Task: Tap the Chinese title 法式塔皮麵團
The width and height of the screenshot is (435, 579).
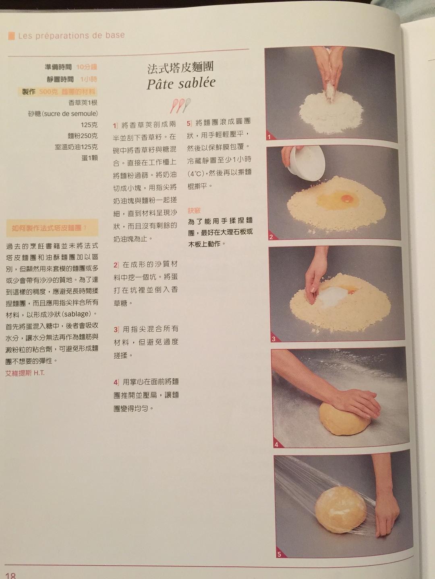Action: click(180, 68)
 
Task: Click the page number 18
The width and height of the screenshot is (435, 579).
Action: click(10, 575)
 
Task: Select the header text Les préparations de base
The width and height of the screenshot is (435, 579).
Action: click(71, 35)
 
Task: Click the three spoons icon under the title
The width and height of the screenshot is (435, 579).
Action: click(180, 105)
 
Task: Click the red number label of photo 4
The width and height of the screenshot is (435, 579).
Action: click(276, 444)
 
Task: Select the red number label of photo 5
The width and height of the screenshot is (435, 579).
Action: click(279, 554)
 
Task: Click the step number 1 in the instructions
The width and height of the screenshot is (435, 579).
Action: click(115, 125)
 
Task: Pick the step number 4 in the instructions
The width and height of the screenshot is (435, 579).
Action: click(116, 382)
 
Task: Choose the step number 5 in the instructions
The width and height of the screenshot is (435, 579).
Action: click(189, 123)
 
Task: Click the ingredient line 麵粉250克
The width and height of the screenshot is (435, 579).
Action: click(83, 136)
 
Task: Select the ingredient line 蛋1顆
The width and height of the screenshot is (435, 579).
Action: click(89, 158)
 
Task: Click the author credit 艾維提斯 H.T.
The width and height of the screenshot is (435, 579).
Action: click(25, 373)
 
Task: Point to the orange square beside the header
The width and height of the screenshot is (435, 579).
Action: click(11, 35)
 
